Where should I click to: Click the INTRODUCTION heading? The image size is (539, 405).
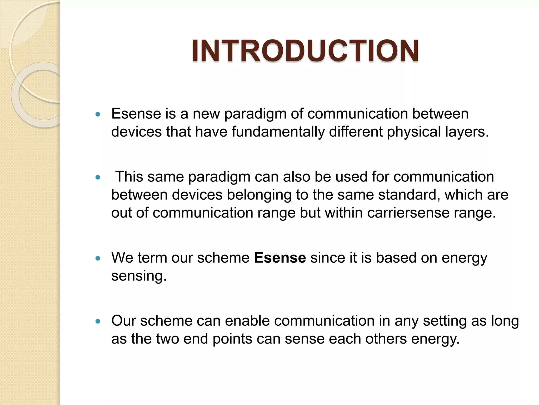305,51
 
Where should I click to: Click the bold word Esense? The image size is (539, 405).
280,258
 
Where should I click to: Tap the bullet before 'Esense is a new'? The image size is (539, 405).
98,114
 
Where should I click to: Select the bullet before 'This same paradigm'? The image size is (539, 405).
98,177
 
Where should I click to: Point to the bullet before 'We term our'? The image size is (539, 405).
98,258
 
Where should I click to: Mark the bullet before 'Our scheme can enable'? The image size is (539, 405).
98,321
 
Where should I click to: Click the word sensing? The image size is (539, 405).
139,276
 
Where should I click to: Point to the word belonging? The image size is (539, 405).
259,195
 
